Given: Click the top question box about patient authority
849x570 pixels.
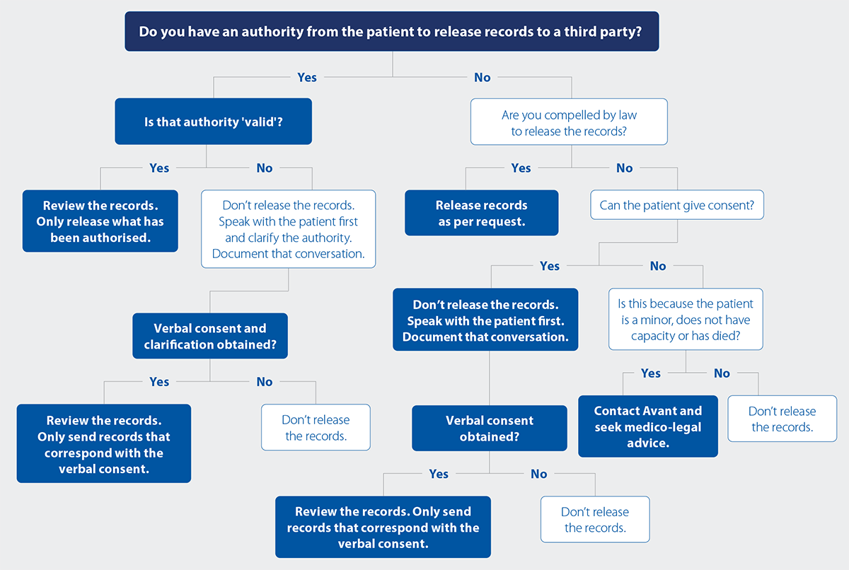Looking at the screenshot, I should [391, 32].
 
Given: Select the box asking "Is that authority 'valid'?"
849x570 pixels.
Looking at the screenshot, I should [213, 122].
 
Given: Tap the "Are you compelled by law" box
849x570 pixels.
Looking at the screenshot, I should [569, 122].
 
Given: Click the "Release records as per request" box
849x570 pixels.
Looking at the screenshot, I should [481, 213].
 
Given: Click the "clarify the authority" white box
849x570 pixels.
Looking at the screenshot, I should [288, 229].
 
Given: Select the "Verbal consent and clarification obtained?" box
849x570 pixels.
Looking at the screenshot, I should [210, 336].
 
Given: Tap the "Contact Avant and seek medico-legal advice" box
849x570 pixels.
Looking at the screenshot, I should [647, 426].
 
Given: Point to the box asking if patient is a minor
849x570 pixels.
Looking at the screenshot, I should [686, 320].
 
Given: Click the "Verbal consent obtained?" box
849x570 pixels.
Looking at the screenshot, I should [490, 429].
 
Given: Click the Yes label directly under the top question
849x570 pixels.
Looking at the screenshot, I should [307, 77].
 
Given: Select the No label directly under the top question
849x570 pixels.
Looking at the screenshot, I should [483, 77].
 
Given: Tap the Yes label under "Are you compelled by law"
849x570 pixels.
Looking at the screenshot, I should [521, 168].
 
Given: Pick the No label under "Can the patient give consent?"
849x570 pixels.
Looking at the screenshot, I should [658, 266].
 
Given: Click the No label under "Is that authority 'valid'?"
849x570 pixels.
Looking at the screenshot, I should [265, 168].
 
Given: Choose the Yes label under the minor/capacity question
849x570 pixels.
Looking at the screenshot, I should [651, 373].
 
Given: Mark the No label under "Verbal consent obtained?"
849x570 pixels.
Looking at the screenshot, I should [539, 474].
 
